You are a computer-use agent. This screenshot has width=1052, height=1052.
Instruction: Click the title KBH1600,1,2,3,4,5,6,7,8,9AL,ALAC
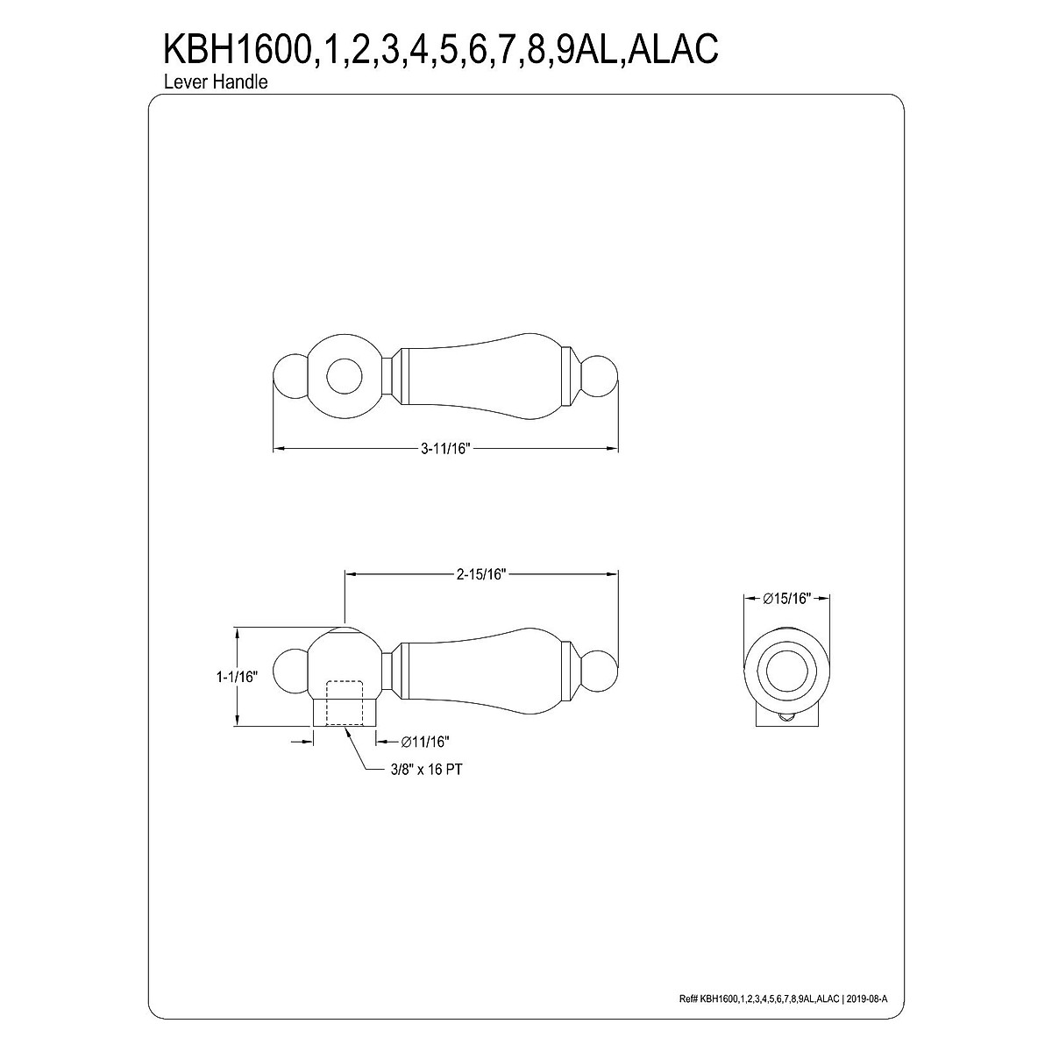441,50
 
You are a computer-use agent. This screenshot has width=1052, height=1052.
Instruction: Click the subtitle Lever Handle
216,82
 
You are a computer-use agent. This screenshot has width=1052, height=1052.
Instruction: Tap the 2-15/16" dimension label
481,573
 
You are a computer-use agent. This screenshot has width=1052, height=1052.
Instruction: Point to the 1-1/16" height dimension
237,677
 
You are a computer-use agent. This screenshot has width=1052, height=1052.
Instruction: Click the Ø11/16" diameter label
424,742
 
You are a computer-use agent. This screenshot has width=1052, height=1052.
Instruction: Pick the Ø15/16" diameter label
787,599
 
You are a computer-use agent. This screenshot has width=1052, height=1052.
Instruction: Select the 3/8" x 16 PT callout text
426,770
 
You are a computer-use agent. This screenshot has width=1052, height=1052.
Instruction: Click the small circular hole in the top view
344,377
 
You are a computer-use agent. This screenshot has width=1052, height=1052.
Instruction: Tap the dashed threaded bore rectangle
344,702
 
